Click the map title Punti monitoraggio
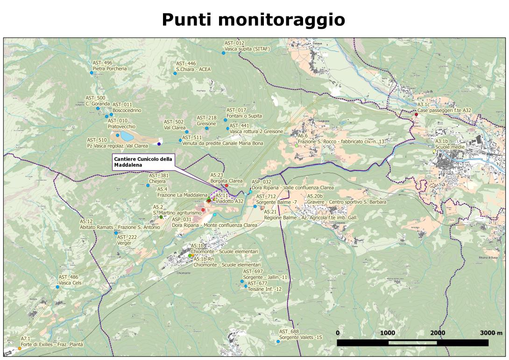tap(254, 20)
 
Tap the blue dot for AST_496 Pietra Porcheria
tap(92, 73)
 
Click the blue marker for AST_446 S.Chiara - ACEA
tap(175, 73)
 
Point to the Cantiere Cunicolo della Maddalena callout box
tap(143, 161)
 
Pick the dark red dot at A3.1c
tap(416, 114)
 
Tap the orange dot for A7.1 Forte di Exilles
tap(20, 348)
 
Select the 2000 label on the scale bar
tap(437, 333)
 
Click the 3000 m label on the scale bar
tap(490, 333)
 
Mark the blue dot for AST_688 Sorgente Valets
tap(278, 341)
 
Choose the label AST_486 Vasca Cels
tap(71, 280)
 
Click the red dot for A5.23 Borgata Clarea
tap(226, 185)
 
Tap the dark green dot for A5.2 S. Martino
tap(161, 217)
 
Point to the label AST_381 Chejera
tap(159, 178)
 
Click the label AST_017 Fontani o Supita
tap(244, 113)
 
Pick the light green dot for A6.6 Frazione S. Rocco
tap(297, 146)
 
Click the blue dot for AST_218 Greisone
tap(206, 128)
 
